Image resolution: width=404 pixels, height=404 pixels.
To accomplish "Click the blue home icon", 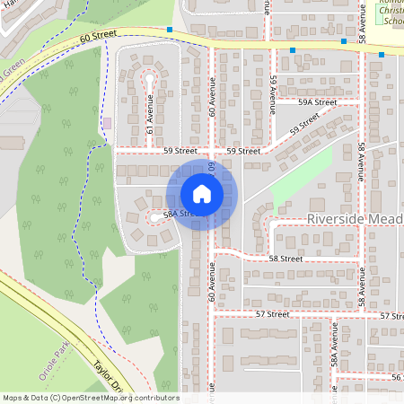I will click(x=201, y=193).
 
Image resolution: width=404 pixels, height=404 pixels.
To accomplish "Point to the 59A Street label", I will click(x=319, y=102).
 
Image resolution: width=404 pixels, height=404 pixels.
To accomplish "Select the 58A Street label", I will click(x=167, y=215).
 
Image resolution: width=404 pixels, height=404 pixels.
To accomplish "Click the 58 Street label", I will click(x=285, y=258).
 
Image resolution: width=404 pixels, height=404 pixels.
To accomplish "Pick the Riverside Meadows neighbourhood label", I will click(x=355, y=219).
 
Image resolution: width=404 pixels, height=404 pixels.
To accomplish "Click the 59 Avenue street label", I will click(x=272, y=92).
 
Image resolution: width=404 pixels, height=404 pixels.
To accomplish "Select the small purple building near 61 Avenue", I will click(x=108, y=122).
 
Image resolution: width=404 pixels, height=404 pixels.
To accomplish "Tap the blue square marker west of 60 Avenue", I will click(x=170, y=30).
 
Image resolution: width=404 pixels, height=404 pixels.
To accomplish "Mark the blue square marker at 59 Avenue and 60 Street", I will click(x=293, y=49).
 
